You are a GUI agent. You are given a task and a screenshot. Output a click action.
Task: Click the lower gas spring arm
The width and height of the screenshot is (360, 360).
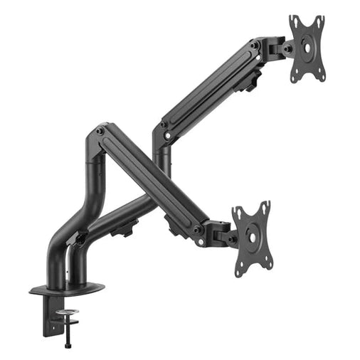(x=149, y=181)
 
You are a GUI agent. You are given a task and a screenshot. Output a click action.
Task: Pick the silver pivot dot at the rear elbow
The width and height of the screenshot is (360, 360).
(x=163, y=125)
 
